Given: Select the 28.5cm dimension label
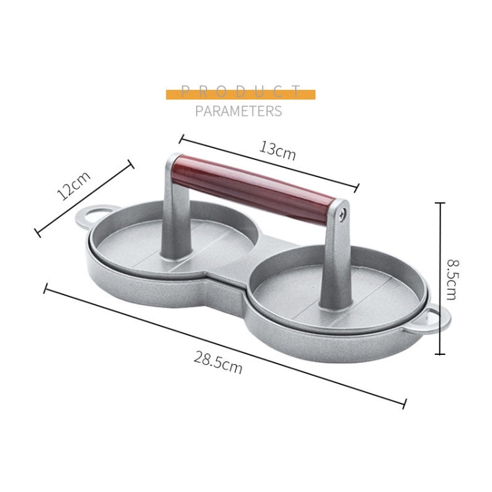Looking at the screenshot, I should (x=218, y=361).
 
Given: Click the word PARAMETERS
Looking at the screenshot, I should (x=238, y=111).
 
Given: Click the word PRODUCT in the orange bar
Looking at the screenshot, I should (x=240, y=92).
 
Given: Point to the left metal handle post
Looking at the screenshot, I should (x=173, y=210).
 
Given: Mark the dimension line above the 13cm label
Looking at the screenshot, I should (x=269, y=163).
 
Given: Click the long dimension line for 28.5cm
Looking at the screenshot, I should (x=223, y=345).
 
